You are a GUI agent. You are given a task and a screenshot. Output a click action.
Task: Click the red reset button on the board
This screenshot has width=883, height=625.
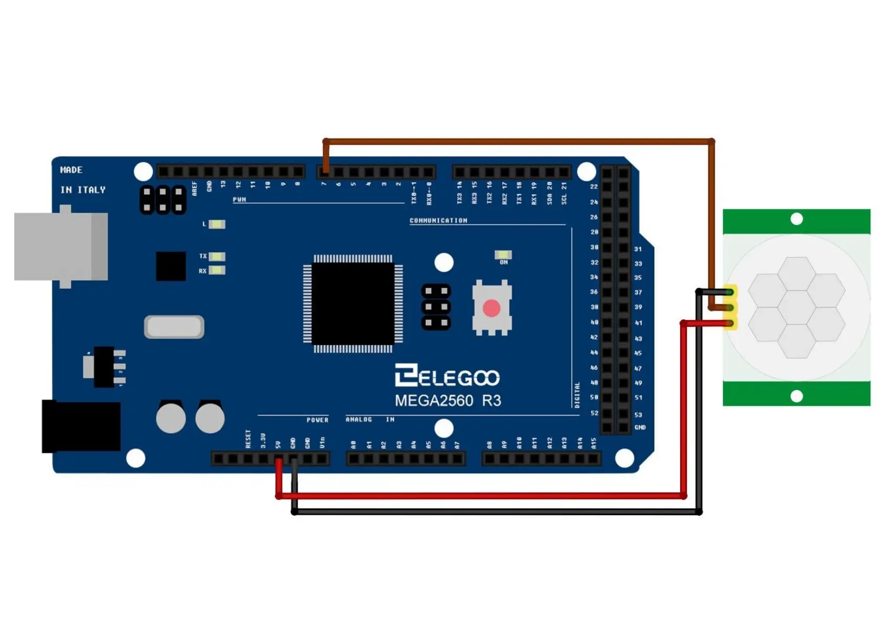[x=491, y=308]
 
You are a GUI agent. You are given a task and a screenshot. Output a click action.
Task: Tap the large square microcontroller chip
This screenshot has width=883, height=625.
[x=353, y=304]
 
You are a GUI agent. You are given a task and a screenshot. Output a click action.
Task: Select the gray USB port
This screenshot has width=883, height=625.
[x=61, y=246]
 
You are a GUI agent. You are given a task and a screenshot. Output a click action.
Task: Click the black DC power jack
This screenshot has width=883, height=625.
[x=81, y=426]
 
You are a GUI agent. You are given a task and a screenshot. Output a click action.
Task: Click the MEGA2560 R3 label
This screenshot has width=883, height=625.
[x=448, y=401]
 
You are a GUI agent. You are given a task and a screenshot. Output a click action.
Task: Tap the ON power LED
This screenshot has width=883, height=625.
[x=503, y=255]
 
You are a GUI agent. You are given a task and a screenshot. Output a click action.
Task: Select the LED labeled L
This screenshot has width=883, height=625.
[x=217, y=225]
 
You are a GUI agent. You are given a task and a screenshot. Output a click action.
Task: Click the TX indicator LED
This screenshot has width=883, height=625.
[x=217, y=257]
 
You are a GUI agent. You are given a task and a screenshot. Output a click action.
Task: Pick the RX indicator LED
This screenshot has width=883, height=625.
[x=217, y=271]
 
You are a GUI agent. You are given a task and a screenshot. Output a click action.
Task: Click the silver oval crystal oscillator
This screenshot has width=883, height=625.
[x=174, y=327]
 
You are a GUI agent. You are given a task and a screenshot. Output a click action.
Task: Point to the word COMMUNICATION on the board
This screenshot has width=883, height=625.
[x=438, y=220]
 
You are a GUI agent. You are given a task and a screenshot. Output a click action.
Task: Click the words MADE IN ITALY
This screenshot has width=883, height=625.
[x=82, y=180]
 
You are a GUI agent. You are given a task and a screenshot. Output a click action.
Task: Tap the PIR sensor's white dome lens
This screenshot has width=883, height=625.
[x=796, y=307]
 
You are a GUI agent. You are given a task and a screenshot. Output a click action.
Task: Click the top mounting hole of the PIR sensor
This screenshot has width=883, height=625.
[x=796, y=219]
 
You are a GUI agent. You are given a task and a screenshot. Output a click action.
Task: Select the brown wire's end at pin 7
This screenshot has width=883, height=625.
[x=326, y=170]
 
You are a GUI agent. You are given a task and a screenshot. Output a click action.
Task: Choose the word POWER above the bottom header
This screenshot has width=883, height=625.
[x=317, y=420]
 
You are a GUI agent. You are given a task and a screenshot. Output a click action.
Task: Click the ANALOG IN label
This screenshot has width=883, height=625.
[x=370, y=419]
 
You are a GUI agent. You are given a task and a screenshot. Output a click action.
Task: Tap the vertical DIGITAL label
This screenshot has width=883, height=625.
[x=577, y=395]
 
